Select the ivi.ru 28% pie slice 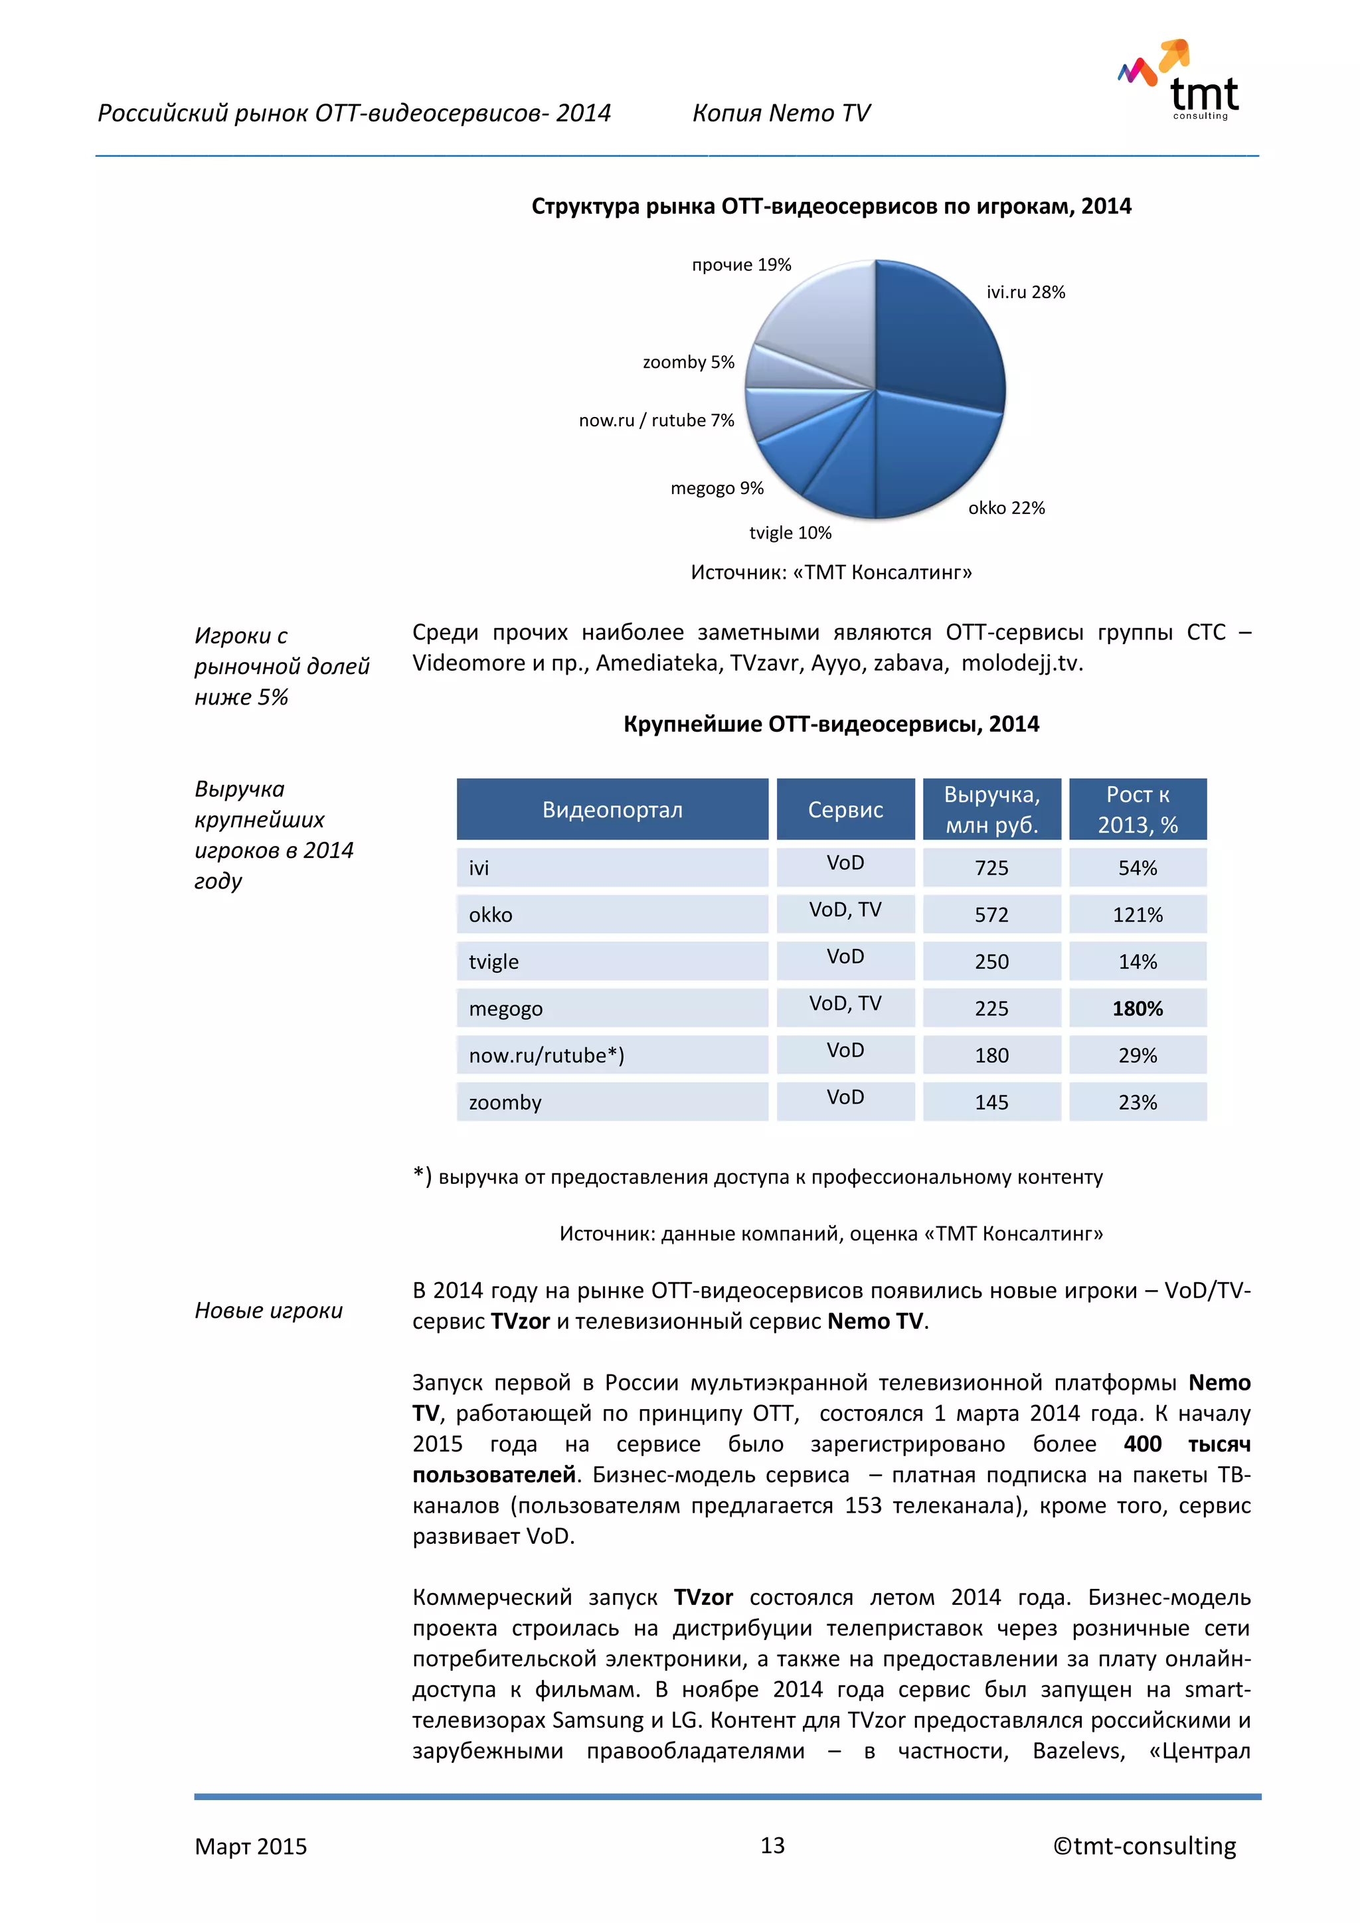coord(938,335)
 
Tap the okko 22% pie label coord(1006,507)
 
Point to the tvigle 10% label coord(790,533)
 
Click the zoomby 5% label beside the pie coord(687,362)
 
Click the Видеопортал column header coord(612,809)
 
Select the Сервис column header coord(845,809)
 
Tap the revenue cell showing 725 coord(991,868)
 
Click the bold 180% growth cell coord(1138,1009)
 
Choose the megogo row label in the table coord(506,1009)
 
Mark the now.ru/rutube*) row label coord(547,1055)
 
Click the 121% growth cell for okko coord(1138,914)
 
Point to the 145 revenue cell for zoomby coord(991,1102)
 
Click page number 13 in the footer coord(772,1845)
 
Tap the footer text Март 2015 coord(250,1846)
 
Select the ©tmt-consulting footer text coord(1144,1846)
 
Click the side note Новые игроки coord(269,1310)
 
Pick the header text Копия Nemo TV coord(780,113)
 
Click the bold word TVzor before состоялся coord(703,1597)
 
